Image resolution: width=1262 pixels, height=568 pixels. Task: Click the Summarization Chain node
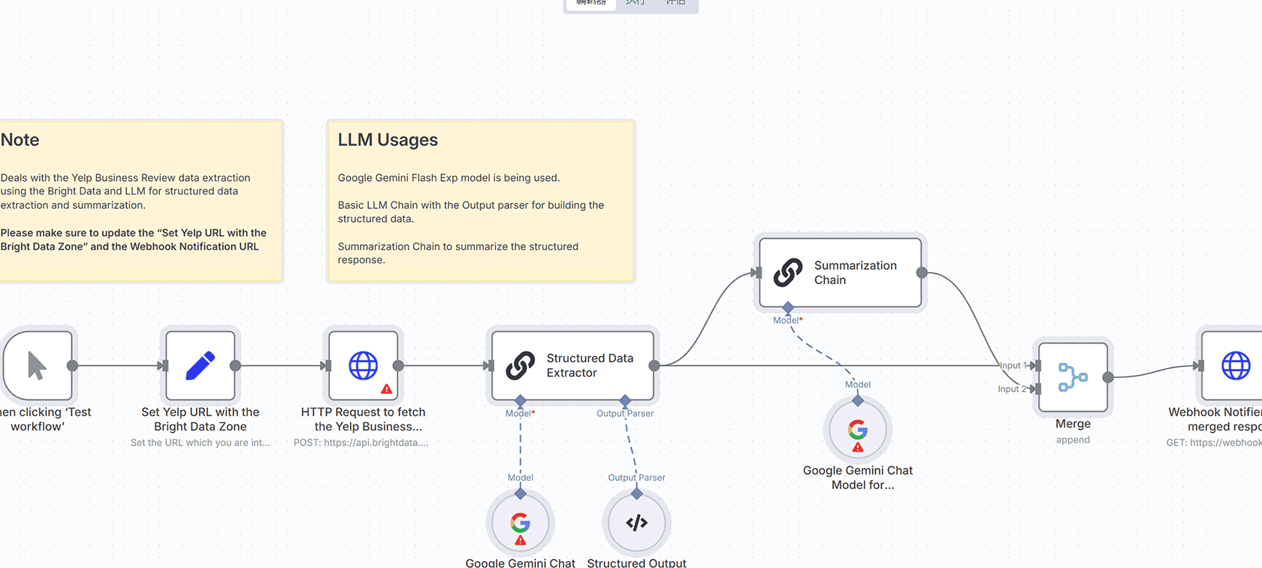coord(840,273)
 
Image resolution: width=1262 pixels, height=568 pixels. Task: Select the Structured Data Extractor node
coord(572,366)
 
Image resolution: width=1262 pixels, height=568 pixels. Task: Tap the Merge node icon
coord(1073,377)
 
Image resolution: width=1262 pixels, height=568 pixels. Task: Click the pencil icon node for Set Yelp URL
coord(200,366)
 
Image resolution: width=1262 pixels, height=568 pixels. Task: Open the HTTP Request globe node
coord(364,366)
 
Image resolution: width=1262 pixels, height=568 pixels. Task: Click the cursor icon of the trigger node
coord(37,366)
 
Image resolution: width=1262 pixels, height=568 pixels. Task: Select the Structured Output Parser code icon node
coord(636,523)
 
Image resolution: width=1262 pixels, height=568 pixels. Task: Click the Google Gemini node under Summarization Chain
coord(858,431)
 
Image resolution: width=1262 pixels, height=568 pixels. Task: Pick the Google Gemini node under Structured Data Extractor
coord(520,523)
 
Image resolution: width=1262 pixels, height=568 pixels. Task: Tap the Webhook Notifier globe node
coord(1235,366)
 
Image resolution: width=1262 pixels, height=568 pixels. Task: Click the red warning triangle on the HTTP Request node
coord(387,389)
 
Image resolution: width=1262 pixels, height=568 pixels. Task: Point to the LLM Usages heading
coord(388,140)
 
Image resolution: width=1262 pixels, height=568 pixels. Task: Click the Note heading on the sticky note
coord(20,140)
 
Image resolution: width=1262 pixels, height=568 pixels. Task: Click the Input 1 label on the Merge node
coord(1013,366)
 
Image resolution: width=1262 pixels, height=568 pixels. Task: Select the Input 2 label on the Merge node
coord(1011,389)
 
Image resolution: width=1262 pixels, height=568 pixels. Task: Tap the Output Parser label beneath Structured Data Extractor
coord(625,413)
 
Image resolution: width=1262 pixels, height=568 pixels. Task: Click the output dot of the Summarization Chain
coord(922,273)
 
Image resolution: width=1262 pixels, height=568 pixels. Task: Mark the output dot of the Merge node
coord(1108,377)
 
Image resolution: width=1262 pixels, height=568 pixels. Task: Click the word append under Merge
coord(1073,440)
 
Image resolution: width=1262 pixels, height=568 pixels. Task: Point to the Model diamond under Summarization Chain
coord(788,308)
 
